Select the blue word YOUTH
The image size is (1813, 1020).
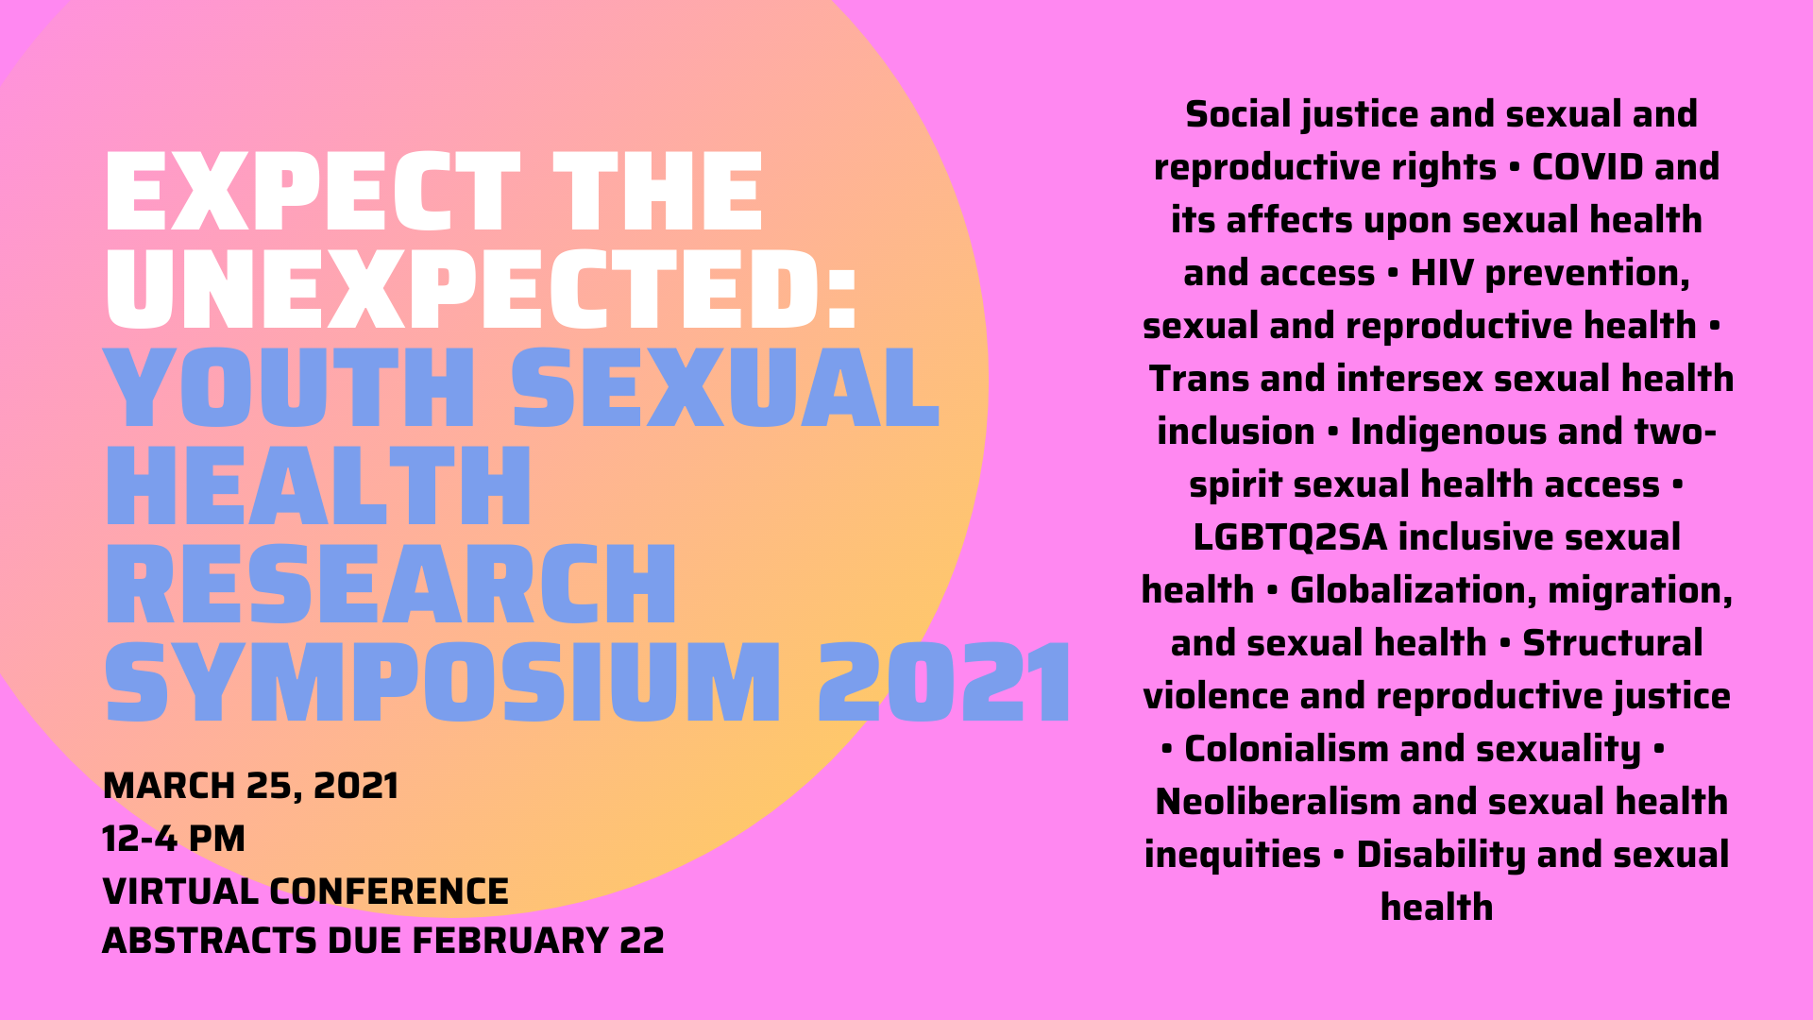point(290,387)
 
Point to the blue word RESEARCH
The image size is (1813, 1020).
point(391,584)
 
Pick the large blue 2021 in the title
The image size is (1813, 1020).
point(945,682)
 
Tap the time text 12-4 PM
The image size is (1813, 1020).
point(174,839)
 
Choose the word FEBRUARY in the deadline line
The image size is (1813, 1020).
point(511,941)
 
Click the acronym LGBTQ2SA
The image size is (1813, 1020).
point(1290,537)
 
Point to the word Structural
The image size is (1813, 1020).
point(1613,643)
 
